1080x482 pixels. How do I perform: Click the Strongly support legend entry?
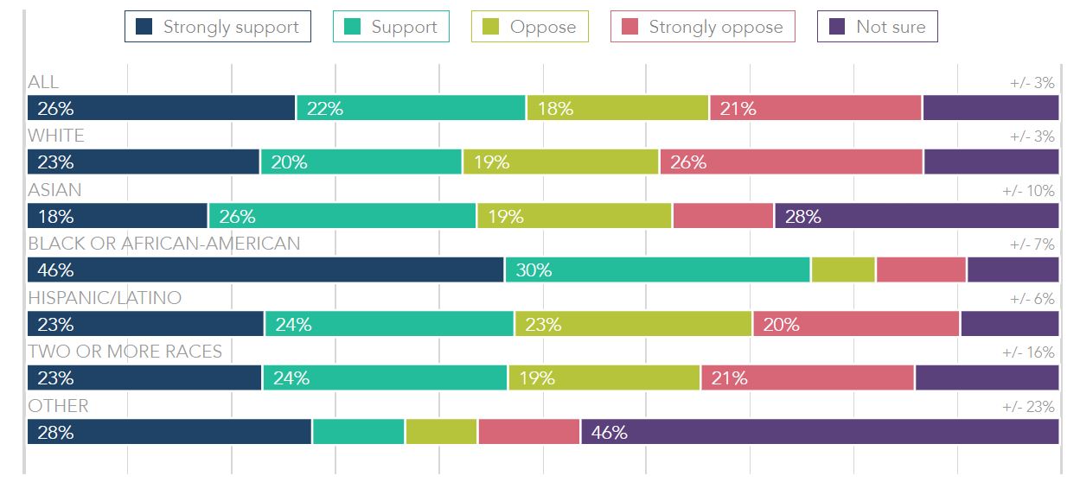click(x=217, y=27)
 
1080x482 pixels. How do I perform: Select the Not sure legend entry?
click(x=877, y=27)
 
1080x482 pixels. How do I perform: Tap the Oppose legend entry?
click(x=529, y=27)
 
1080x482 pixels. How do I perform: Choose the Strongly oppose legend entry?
click(x=702, y=27)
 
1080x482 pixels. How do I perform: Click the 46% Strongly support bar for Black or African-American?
click(x=266, y=270)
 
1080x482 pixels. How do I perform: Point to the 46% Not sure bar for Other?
click(x=820, y=432)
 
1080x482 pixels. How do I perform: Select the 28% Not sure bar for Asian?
click(x=917, y=216)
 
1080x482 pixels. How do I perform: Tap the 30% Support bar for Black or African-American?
click(x=658, y=270)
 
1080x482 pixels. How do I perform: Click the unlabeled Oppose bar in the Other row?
click(x=441, y=432)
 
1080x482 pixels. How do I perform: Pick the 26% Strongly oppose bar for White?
click(x=791, y=162)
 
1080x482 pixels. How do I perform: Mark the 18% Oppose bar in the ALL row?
click(x=617, y=108)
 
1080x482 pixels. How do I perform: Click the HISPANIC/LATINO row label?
click(x=105, y=297)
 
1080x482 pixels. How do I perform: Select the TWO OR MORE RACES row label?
click(x=125, y=351)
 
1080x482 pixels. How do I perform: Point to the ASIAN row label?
click(x=54, y=189)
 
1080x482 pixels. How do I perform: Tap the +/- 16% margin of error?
click(x=1028, y=352)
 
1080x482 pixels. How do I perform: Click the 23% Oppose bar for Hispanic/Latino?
click(x=633, y=324)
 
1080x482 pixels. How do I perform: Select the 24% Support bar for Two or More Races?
click(x=385, y=377)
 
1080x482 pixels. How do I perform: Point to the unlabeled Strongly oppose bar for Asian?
click(x=723, y=216)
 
